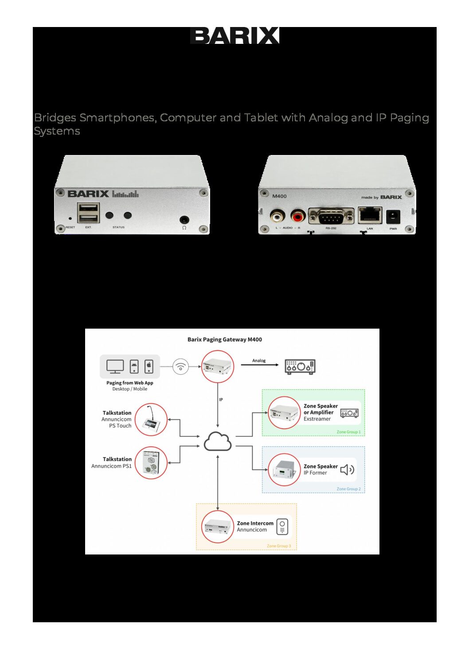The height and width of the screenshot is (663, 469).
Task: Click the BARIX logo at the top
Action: tap(234, 35)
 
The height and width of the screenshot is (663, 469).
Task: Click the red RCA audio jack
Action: tap(298, 217)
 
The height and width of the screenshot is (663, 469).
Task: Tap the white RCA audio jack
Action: tap(277, 217)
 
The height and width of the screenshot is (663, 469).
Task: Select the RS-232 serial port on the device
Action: tap(331, 217)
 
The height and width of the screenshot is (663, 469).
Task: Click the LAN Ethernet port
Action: tap(370, 216)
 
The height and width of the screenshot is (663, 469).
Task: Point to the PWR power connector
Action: tap(392, 217)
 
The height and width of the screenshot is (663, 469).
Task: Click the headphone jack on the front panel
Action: tap(184, 219)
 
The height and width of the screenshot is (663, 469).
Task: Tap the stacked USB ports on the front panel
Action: tap(88, 213)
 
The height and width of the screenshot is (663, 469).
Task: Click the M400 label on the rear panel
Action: tap(279, 196)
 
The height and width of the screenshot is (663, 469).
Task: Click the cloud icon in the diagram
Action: tap(218, 441)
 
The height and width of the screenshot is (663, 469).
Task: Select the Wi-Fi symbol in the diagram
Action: tap(180, 367)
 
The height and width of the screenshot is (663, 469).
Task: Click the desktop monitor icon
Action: tap(115, 367)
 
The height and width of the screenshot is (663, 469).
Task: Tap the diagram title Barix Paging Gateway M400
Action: tap(224, 340)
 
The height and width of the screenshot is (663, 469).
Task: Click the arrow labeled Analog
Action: tap(259, 365)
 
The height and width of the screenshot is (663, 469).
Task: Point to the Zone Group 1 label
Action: tap(348, 432)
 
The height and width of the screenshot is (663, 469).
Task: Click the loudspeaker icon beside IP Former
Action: tap(347, 469)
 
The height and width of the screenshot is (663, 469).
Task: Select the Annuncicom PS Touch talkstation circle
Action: tap(151, 420)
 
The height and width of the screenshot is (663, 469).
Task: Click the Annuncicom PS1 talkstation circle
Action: tap(151, 463)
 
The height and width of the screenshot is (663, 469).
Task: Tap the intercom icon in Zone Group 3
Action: tap(282, 527)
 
